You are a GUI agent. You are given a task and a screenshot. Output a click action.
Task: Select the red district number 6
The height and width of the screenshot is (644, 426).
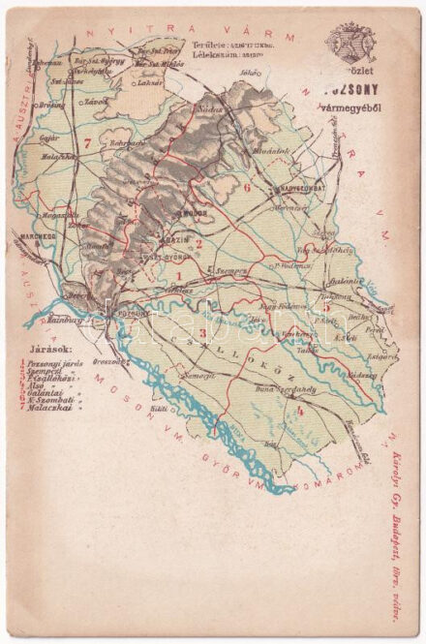click(x=248, y=187)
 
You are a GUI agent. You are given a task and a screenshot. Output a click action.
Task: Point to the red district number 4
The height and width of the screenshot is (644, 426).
click(x=300, y=411)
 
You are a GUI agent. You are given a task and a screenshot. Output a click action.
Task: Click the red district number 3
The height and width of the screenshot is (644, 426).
click(x=201, y=335)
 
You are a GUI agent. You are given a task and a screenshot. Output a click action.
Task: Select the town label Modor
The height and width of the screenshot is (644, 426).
click(x=197, y=209)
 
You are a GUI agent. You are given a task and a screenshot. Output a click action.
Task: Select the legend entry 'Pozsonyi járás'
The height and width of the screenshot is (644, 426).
click(x=54, y=364)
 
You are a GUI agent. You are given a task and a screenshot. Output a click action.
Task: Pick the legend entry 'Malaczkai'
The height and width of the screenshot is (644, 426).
click(x=54, y=409)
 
